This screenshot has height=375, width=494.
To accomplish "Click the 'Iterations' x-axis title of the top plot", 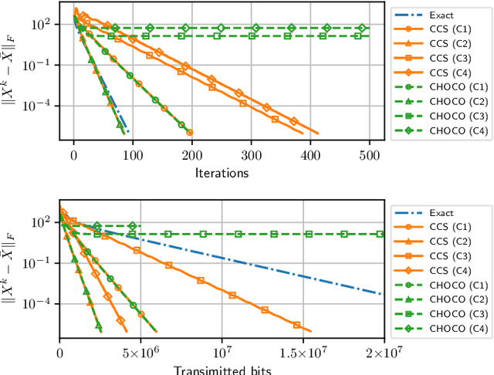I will [222, 173].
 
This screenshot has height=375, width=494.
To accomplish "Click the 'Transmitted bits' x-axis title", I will [222, 369].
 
